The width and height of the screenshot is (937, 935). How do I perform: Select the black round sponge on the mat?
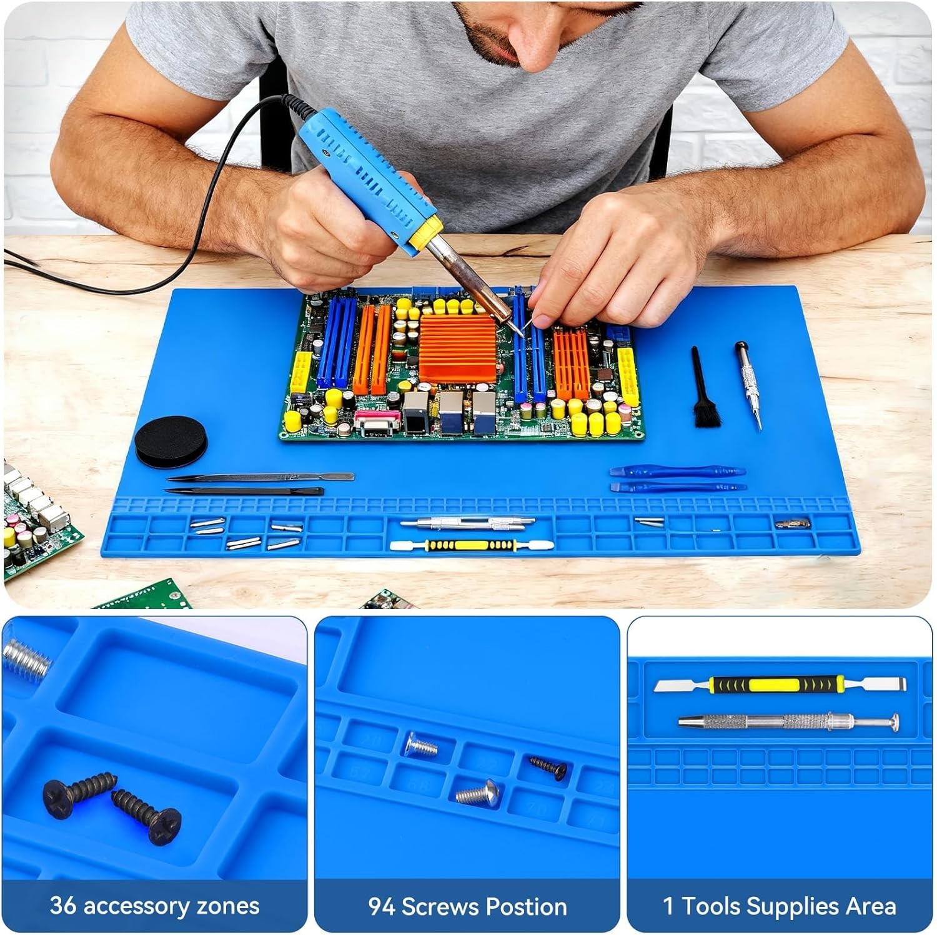pos(171,441)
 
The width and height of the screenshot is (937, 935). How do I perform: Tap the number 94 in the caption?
pos(382,906)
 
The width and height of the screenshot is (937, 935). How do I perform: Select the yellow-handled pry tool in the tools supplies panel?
pos(780,685)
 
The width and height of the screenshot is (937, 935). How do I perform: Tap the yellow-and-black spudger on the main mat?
pos(471,545)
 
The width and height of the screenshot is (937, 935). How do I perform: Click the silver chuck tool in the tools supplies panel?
pos(789,722)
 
